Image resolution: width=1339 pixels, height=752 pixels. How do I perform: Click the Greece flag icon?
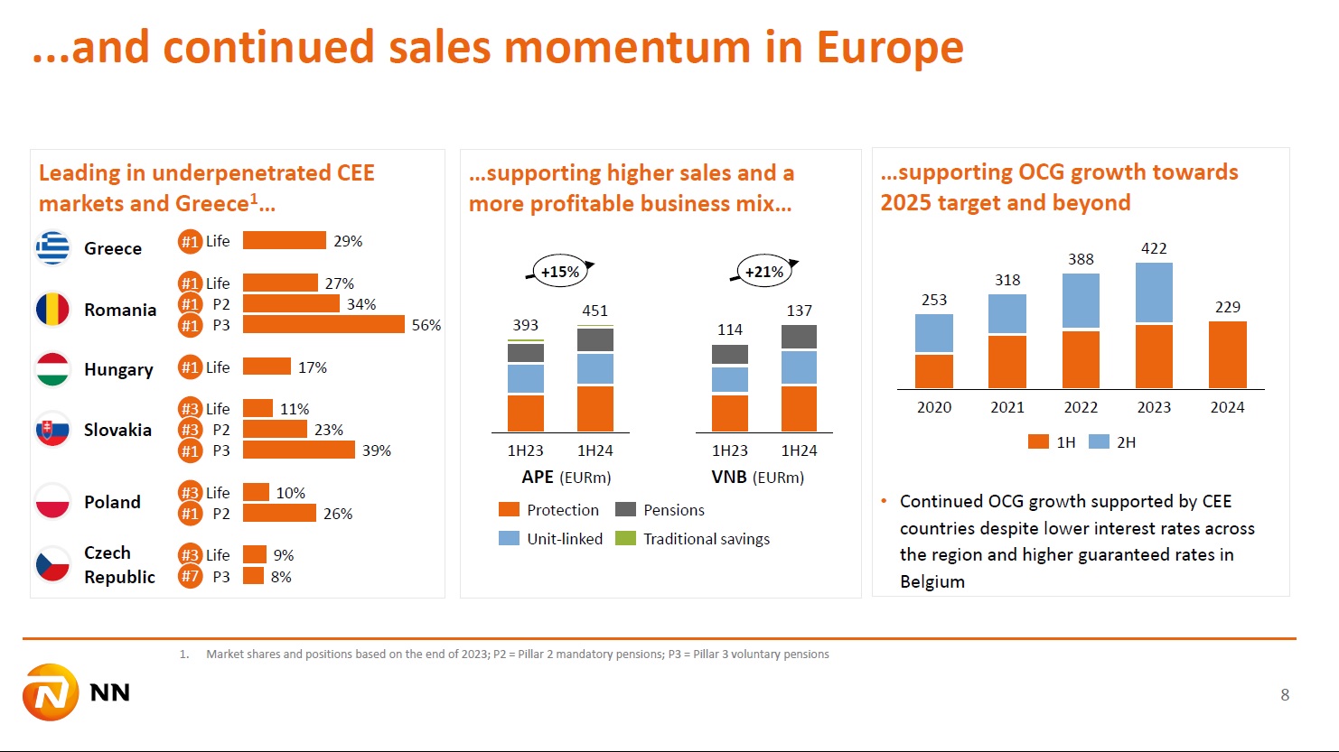pyautogui.click(x=52, y=248)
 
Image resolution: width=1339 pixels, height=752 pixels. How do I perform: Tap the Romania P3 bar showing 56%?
pyautogui.click(x=323, y=325)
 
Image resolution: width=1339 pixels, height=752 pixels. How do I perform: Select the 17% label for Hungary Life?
pyautogui.click(x=313, y=367)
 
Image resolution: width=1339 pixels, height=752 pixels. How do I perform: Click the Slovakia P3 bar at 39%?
pyautogui.click(x=299, y=450)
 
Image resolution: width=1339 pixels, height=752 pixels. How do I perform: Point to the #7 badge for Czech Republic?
pyautogui.click(x=190, y=577)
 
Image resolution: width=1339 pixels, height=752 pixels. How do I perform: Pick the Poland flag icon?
pyautogui.click(x=52, y=502)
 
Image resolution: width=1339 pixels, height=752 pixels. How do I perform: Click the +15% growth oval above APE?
pyautogui.click(x=560, y=272)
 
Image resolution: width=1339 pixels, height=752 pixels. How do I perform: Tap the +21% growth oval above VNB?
pyautogui.click(x=764, y=272)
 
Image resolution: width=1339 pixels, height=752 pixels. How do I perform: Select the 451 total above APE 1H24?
pyautogui.click(x=595, y=311)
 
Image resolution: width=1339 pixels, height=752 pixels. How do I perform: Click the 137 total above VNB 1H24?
pyautogui.click(x=799, y=311)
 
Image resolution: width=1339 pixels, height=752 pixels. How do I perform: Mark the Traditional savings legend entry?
pyautogui.click(x=693, y=539)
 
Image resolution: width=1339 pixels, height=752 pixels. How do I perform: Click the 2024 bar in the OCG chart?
pyautogui.click(x=1227, y=355)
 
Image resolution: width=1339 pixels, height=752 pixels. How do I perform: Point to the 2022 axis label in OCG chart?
pyautogui.click(x=1081, y=407)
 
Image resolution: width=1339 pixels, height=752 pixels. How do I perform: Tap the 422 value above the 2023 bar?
pyautogui.click(x=1154, y=248)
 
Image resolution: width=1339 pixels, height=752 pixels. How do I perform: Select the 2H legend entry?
pyautogui.click(x=1113, y=442)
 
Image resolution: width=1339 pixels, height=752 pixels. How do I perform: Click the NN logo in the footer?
pyautogui.click(x=77, y=693)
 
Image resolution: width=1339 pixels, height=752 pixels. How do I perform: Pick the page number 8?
pyautogui.click(x=1285, y=694)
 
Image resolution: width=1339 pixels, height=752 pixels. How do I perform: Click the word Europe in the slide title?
pyautogui.click(x=890, y=47)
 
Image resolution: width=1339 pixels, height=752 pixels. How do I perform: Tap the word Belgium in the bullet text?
pyautogui.click(x=932, y=582)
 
